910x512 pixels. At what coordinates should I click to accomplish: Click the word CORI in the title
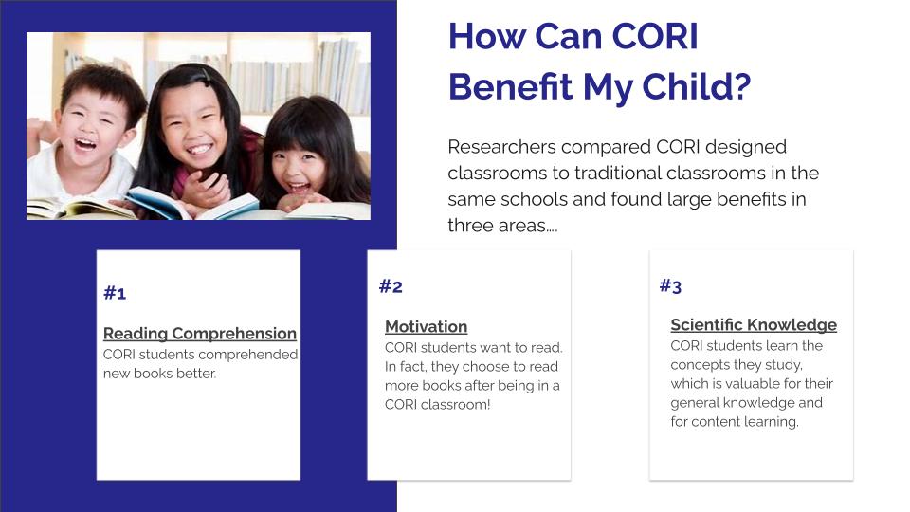[655, 37]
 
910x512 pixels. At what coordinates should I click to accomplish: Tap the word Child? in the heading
[696, 87]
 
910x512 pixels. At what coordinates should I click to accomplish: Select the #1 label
[115, 293]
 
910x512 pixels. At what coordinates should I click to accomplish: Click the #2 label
[391, 286]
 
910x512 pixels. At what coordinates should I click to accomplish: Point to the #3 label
[670, 285]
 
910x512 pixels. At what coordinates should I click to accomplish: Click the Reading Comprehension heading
[200, 334]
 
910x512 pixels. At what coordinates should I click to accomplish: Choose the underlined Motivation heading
[426, 327]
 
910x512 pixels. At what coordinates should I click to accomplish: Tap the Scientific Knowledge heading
[754, 325]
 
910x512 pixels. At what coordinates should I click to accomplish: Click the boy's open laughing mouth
[85, 143]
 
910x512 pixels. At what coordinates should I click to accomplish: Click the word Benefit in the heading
[511, 87]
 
